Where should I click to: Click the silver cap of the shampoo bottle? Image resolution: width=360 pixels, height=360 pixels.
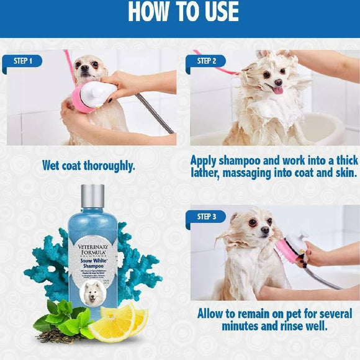(x=92, y=196)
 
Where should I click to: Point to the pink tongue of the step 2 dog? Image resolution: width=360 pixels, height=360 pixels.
(x=277, y=89)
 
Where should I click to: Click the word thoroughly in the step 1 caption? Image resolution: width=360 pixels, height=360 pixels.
(x=109, y=166)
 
